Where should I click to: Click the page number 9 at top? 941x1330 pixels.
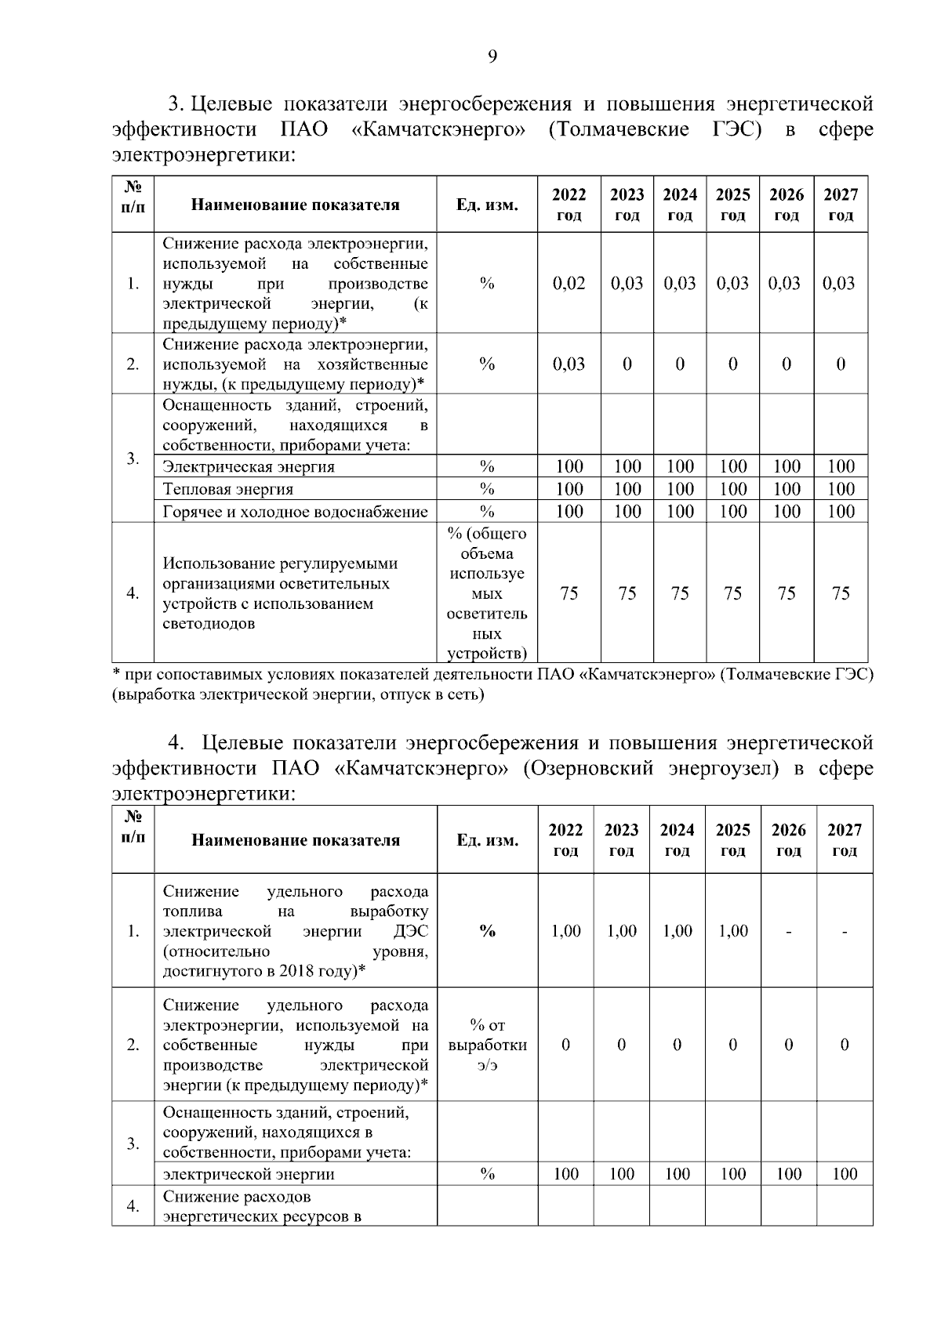pos(492,56)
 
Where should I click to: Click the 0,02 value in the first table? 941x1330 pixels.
pos(569,283)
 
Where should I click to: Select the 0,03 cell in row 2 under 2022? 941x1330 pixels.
pos(569,364)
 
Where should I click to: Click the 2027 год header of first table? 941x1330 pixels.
pos(840,205)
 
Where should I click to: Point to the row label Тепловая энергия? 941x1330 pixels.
pos(228,489)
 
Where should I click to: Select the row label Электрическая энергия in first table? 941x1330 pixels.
pos(249,467)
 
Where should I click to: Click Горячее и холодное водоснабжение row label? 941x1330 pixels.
pos(295,512)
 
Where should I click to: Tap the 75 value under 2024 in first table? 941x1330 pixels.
pos(679,593)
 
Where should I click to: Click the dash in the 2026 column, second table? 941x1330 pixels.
pos(788,931)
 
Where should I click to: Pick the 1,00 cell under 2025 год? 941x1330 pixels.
pos(732,931)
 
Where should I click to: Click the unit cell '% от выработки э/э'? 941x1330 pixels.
pos(487,1045)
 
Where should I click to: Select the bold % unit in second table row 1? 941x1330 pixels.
pos(487,931)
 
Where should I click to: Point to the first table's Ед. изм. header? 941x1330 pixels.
pos(487,205)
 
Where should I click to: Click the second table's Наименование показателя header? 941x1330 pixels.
pos(296,840)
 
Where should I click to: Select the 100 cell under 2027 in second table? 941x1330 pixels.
pos(844,1173)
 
